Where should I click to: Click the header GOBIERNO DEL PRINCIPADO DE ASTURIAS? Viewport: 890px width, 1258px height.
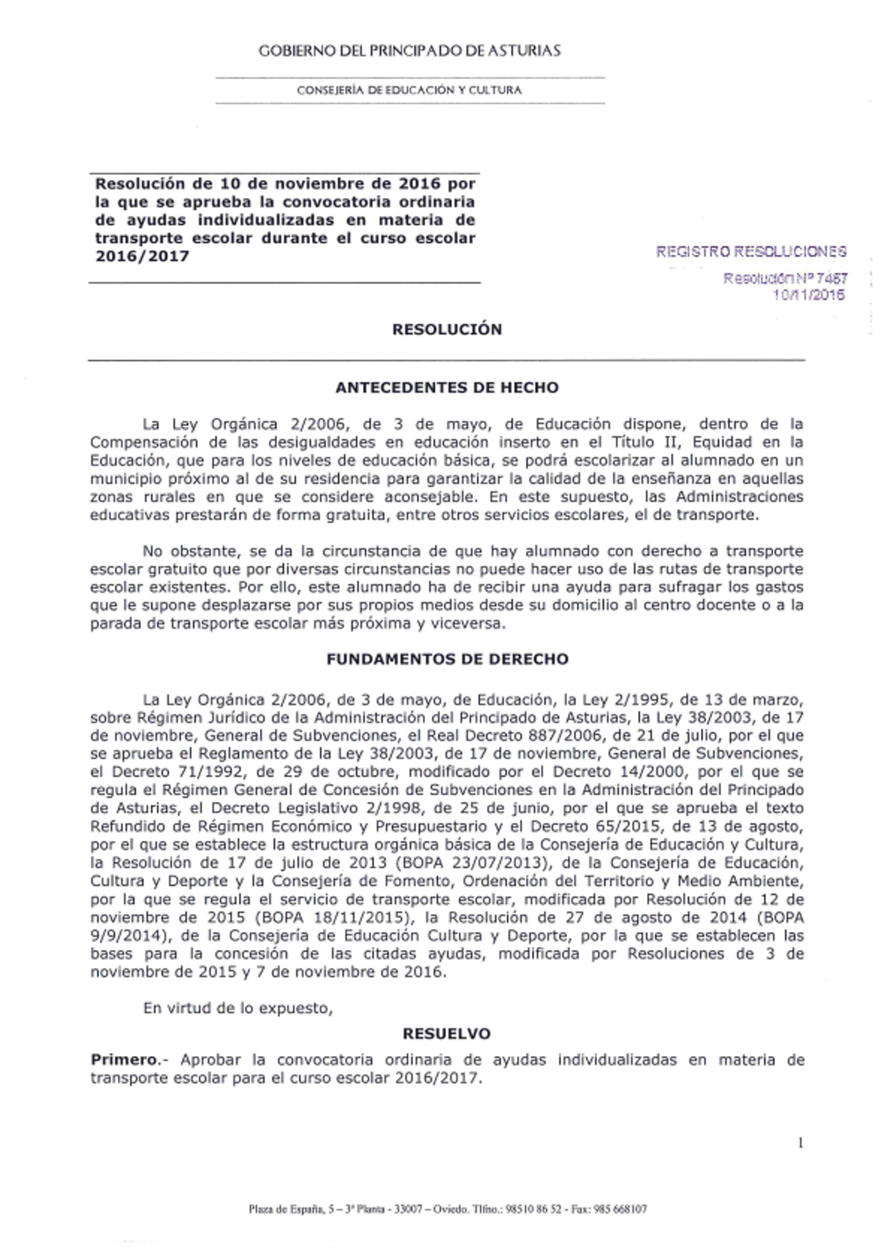[x=409, y=52]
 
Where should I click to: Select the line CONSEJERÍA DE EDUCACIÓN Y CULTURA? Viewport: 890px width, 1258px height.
[x=409, y=91]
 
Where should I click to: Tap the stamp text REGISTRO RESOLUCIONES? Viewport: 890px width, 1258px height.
[x=751, y=252]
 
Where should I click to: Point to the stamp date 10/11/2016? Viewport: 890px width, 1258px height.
[x=810, y=295]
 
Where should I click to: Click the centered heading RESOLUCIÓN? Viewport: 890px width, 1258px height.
[x=447, y=329]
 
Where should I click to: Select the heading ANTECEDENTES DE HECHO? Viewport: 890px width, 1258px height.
[x=447, y=388]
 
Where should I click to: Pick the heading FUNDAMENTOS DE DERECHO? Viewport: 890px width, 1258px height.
[x=447, y=660]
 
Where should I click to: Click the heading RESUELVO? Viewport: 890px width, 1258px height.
[x=447, y=1035]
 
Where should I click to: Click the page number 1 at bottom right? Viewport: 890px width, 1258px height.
[x=801, y=1142]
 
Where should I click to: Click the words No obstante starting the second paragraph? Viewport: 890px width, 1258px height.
[x=184, y=552]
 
